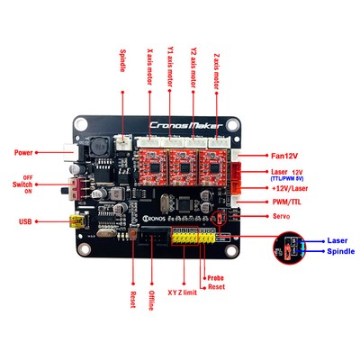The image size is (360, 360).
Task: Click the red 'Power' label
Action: click(x=24, y=152)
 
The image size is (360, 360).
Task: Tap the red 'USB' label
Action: click(x=27, y=220)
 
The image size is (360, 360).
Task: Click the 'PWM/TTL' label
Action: click(x=287, y=202)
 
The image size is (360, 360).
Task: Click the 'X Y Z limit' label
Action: click(x=184, y=292)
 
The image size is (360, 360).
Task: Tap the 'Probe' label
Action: click(x=215, y=277)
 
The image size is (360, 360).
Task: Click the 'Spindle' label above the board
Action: click(x=123, y=66)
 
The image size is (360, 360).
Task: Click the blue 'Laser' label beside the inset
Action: click(x=337, y=241)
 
